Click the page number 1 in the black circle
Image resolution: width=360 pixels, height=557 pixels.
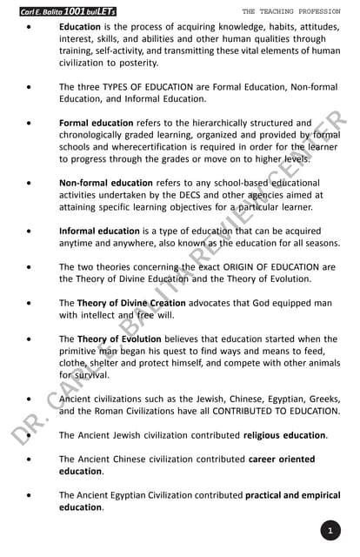tap(331, 530)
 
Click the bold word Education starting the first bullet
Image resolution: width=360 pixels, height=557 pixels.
tap(80, 27)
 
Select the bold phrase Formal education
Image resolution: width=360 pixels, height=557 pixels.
tap(96, 124)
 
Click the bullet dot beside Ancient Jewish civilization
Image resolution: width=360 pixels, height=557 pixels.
tap(31, 434)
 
